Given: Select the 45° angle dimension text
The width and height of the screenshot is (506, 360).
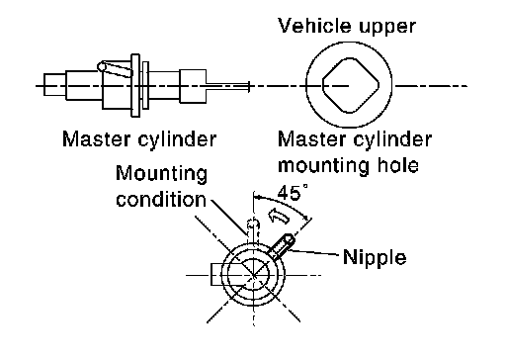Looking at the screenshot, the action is click(x=293, y=193).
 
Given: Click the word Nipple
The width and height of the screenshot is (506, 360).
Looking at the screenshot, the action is click(x=375, y=257).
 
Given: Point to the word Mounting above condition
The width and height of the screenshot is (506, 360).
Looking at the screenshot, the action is click(x=162, y=174).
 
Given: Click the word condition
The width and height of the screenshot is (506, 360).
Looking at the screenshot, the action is click(x=161, y=199).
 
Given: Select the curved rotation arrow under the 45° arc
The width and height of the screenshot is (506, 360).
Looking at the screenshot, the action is click(x=279, y=216).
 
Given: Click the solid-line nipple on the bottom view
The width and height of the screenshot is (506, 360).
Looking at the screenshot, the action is click(x=283, y=246).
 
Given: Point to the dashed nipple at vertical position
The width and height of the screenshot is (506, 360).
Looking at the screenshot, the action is click(x=253, y=229).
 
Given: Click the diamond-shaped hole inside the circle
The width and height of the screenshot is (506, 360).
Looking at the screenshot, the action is click(x=350, y=85).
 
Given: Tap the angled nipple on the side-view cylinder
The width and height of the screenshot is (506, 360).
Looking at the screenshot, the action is click(x=116, y=69).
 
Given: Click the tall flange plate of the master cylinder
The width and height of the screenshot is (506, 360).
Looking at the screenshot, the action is click(x=135, y=85).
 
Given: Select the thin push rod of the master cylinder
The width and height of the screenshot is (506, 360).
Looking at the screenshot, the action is click(x=227, y=86).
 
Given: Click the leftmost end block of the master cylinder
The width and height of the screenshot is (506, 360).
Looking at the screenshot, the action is click(x=54, y=85).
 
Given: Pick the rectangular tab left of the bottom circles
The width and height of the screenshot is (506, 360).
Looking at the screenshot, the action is click(x=218, y=274).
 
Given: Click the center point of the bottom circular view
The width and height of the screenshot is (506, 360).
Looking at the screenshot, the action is click(x=254, y=275).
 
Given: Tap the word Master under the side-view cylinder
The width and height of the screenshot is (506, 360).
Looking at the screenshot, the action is click(x=97, y=139).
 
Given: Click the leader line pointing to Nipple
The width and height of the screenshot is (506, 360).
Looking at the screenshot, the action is click(x=313, y=252).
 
